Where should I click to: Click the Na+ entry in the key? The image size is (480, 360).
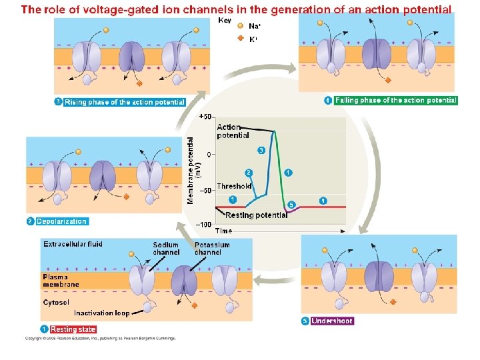click(255, 27)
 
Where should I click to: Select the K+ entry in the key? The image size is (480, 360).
click(253, 39)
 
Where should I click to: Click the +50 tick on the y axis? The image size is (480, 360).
click(205, 117)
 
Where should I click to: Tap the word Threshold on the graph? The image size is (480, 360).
click(234, 187)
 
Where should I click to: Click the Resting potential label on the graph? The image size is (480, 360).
click(257, 215)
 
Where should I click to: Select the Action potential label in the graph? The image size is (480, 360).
click(233, 131)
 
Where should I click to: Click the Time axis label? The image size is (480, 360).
click(223, 231)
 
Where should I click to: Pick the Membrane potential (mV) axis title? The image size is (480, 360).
click(192, 171)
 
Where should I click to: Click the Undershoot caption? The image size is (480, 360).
click(332, 321)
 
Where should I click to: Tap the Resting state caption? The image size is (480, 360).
click(73, 329)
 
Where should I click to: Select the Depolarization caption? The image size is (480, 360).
click(61, 221)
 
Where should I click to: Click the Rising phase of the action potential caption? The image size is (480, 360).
click(125, 102)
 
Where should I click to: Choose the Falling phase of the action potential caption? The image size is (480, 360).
click(396, 100)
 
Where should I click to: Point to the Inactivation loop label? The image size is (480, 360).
click(101, 313)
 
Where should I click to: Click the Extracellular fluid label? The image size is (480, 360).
click(73, 245)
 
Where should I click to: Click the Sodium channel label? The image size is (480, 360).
click(166, 249)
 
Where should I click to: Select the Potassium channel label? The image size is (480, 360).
click(212, 249)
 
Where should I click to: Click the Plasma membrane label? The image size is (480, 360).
click(61, 281)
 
